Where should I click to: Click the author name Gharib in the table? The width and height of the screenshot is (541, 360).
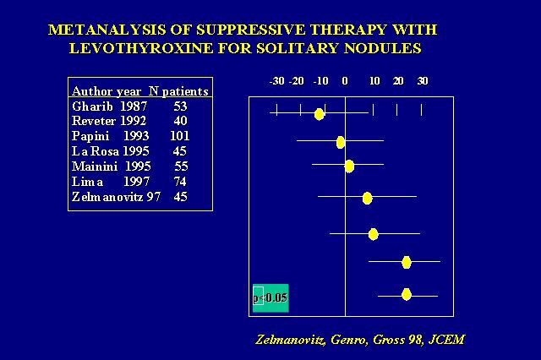[x=92, y=106]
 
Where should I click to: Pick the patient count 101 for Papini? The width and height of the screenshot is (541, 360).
[x=180, y=136]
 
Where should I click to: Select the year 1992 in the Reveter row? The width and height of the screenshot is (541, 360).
[x=134, y=121]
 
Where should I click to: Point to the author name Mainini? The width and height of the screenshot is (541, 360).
[x=95, y=166]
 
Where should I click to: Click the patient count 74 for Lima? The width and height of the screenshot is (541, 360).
[x=180, y=182]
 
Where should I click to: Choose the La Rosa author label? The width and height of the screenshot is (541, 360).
[x=96, y=151]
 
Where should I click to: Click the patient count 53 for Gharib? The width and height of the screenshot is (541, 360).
[x=180, y=106]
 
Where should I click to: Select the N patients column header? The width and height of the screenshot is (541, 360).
[x=178, y=91]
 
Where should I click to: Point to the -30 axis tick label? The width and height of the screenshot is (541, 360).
[x=276, y=81]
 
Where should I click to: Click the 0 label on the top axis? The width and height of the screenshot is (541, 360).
[x=345, y=81]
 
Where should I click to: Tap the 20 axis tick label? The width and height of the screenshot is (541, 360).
[x=398, y=81]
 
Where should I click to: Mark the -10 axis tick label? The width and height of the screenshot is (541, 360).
[x=320, y=81]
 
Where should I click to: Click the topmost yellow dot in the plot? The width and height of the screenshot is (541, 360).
[x=320, y=114]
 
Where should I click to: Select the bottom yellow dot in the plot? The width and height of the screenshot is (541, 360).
[x=407, y=295]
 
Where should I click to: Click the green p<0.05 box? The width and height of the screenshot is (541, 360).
[x=270, y=298]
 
